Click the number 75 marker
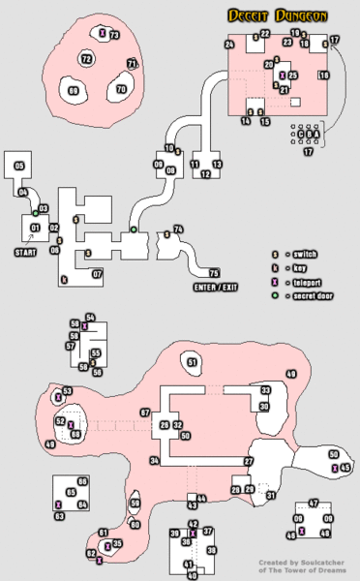[214, 273]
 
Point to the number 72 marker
[86, 59]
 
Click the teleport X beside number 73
[103, 34]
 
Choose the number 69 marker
[73, 91]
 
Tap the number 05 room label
[19, 167]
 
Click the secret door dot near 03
[35, 212]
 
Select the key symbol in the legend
[275, 265]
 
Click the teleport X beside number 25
[282, 75]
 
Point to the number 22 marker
[265, 34]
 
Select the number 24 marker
[229, 45]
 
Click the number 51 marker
[193, 363]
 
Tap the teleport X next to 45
[335, 469]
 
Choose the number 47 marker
[313, 503]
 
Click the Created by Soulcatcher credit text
[301, 566]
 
